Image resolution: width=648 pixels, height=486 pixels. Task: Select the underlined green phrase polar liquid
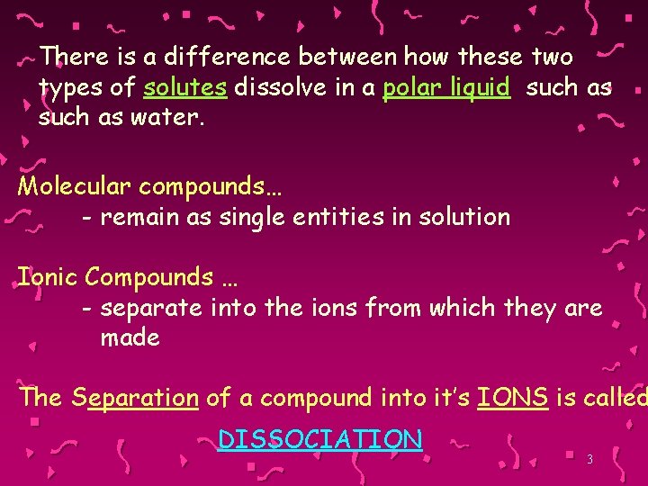(446, 88)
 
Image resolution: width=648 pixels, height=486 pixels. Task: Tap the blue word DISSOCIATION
(319, 439)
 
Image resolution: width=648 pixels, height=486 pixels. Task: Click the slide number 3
(589, 460)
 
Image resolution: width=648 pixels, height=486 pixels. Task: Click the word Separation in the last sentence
(135, 397)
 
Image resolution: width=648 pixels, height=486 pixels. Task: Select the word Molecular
(74, 186)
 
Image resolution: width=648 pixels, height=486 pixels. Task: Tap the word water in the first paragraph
(171, 118)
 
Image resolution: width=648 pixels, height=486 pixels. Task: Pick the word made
(130, 337)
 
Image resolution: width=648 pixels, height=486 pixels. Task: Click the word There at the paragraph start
(76, 58)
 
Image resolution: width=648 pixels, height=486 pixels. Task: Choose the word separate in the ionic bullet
(152, 308)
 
